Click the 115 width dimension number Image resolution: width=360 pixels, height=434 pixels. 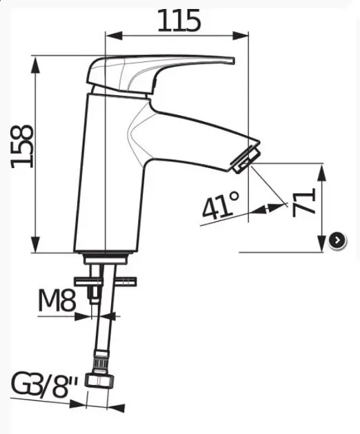[179, 21]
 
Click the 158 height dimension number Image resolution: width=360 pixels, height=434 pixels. [22, 147]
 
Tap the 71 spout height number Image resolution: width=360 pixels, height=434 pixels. [304, 203]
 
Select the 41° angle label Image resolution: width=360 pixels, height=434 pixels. [220, 205]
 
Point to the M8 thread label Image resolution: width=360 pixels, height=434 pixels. [57, 300]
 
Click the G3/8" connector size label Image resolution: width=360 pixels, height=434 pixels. [43, 384]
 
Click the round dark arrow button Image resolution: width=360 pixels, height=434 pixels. [337, 240]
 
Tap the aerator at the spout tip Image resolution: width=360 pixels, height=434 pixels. [246, 160]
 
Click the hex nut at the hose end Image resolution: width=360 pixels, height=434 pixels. [100, 380]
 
